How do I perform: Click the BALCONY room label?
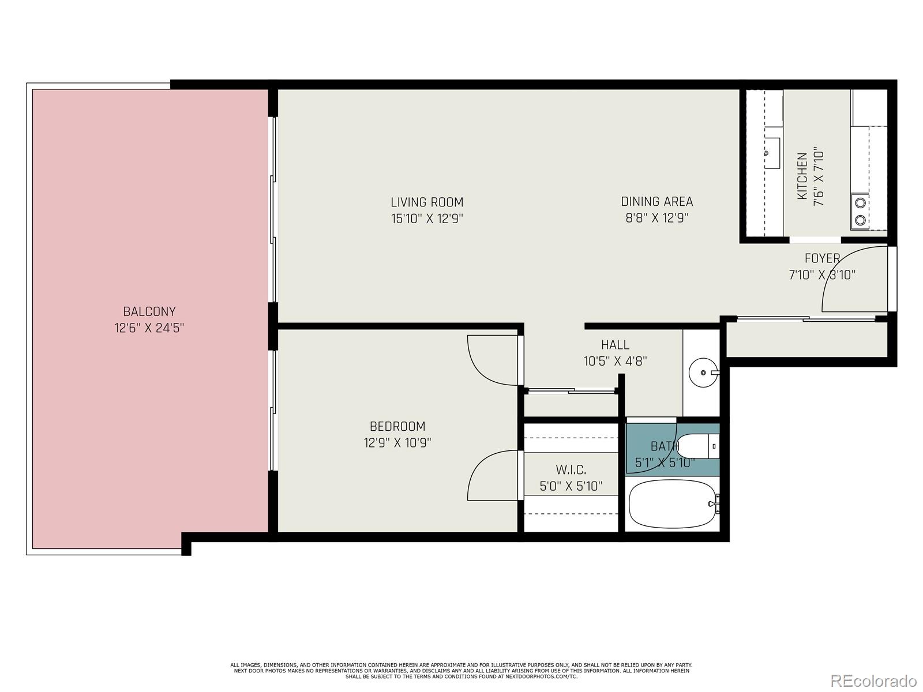pos(149,311)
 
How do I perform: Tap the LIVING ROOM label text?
pos(427,202)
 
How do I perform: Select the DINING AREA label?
pos(657,202)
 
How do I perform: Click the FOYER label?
pos(822,258)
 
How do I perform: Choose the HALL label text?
pos(615,345)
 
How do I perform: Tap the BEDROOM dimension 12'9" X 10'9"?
pos(397,443)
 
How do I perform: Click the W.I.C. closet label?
pos(571,470)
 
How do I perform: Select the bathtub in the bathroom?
pos(673,504)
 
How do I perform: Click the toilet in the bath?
pos(698,446)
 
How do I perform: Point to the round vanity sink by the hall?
pos(703,373)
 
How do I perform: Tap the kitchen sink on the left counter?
pos(771,153)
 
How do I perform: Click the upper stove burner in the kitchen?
pos(860,204)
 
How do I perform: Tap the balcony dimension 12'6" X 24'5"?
pos(149,328)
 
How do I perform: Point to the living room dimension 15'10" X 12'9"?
pos(427,219)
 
